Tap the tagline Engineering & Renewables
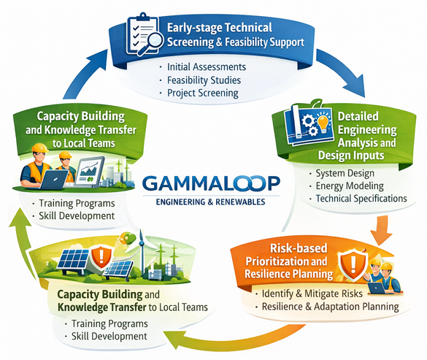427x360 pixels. point(210,202)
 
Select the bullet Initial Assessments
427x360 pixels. point(207,66)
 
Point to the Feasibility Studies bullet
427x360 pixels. point(204,80)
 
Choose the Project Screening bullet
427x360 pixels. point(203,93)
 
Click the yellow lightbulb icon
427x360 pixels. point(323,123)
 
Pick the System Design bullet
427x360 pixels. point(345,173)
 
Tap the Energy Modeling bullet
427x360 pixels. point(350,186)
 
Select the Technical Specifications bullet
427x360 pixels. point(361,199)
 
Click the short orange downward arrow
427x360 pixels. point(381,230)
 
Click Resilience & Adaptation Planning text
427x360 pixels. point(331,307)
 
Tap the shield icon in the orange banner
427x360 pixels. point(353,265)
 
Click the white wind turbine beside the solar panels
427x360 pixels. point(142,252)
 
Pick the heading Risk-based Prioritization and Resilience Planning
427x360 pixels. point(289,261)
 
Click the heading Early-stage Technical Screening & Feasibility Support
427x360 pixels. point(236,35)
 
